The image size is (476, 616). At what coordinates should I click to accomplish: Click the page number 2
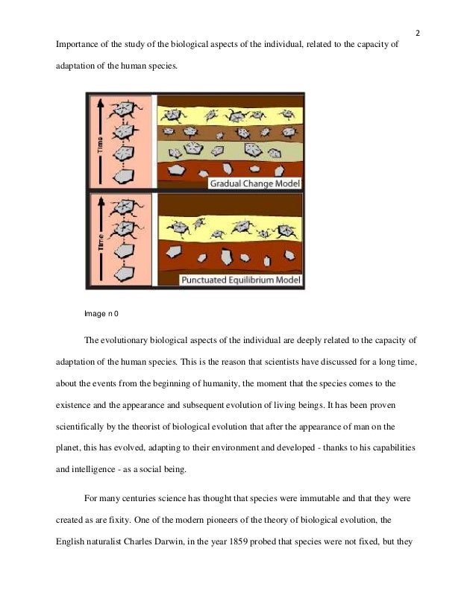(418, 33)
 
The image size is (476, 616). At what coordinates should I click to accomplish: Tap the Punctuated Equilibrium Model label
(240, 280)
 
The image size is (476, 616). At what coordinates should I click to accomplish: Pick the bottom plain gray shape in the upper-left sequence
(124, 177)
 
